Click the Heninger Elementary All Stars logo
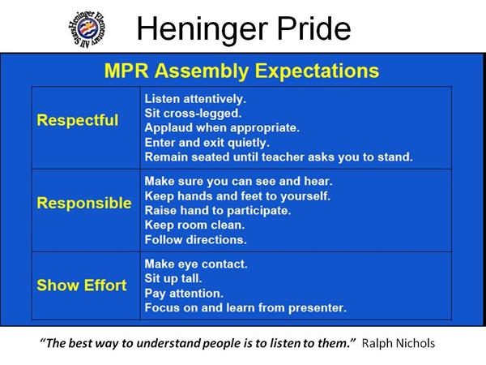87,29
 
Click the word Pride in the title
313,28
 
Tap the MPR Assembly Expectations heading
241,71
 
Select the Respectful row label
78,120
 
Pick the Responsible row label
84,203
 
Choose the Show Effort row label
82,286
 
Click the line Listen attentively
195,99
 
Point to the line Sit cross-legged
193,114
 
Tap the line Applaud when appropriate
222,128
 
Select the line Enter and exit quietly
207,143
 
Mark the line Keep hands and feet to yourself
237,196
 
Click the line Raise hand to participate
218,211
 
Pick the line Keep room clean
194,225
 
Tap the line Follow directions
195,240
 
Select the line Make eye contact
196,264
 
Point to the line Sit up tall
173,279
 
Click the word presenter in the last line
318,308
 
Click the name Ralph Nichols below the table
399,343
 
